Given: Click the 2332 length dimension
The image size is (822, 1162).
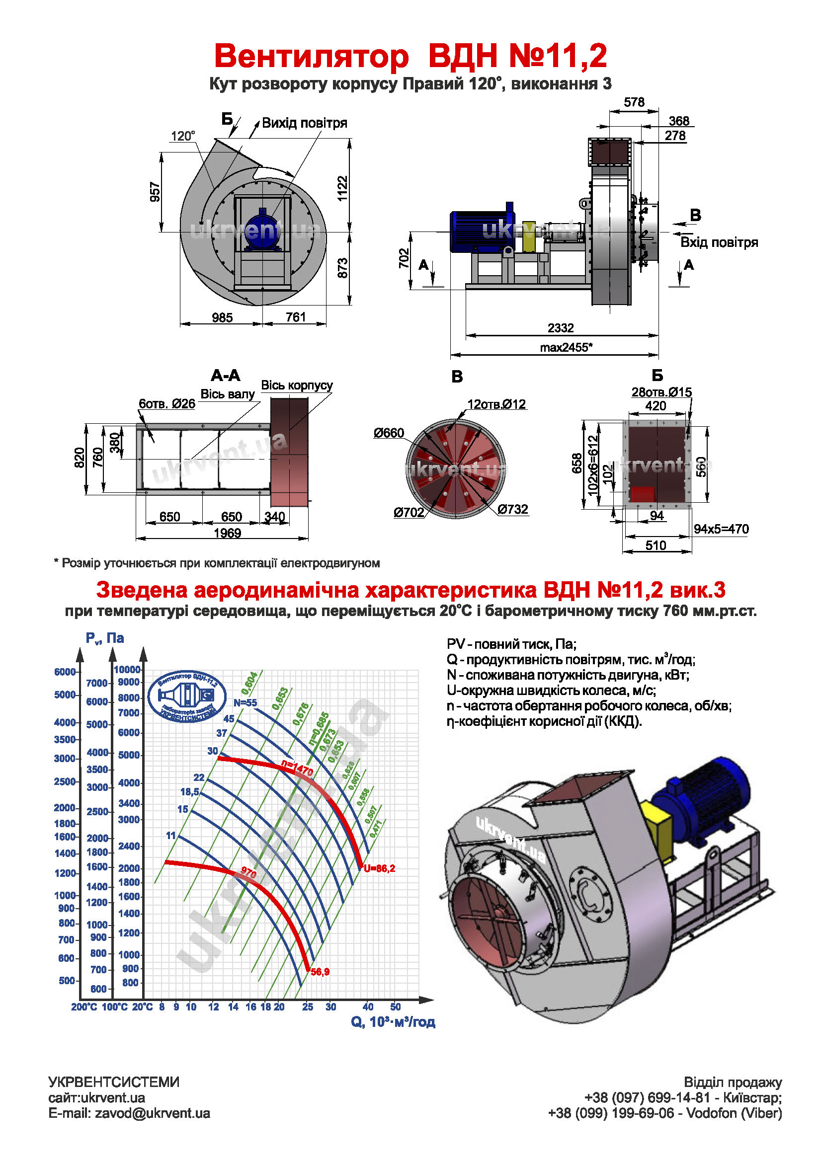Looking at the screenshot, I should point(560,328).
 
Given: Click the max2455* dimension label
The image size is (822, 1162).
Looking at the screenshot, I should point(566,347).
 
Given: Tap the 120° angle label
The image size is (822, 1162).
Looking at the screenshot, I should point(183,136).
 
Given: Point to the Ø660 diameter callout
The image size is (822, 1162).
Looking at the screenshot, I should point(389,433).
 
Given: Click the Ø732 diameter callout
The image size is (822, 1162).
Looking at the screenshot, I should point(512,509).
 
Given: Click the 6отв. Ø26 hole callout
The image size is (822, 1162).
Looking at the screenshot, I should point(167,404).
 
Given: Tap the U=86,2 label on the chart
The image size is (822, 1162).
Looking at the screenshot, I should point(379,868).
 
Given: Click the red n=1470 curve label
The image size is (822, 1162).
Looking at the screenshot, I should point(297,768).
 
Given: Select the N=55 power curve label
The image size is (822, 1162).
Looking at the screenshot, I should point(245,702).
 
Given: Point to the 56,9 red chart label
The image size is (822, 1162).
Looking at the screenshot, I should point(320,972).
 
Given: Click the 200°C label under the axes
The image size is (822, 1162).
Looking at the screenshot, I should point(84,1007).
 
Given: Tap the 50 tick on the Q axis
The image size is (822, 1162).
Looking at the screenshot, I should point(395,1007).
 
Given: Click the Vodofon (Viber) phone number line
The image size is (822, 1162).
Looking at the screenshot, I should point(664,1113).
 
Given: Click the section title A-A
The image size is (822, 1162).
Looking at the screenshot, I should point(225,376).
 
